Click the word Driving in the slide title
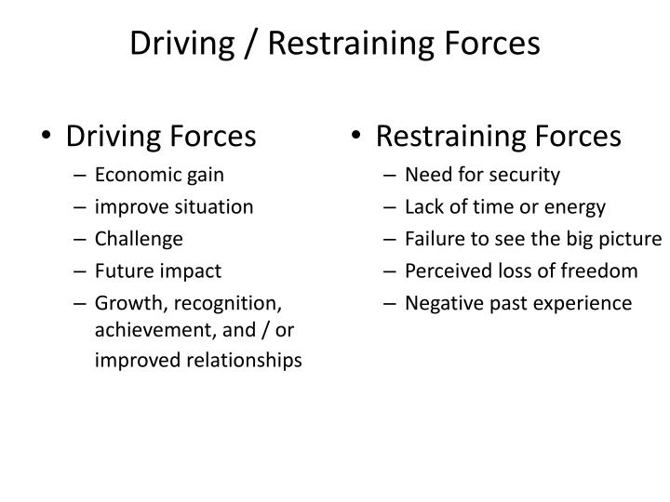[181, 43]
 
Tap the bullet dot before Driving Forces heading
[47, 138]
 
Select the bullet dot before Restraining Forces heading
[357, 138]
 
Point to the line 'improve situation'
[174, 206]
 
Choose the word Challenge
[139, 239]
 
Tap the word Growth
[125, 303]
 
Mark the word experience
[587, 303]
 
